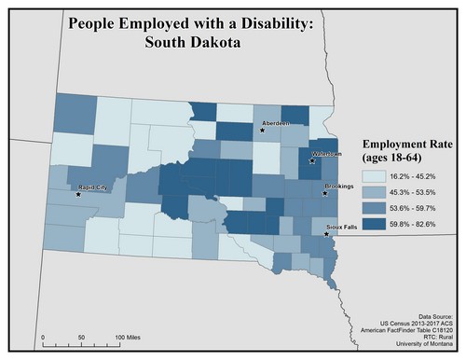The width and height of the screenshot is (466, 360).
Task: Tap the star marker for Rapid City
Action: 78,195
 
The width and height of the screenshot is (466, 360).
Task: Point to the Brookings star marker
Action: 323,194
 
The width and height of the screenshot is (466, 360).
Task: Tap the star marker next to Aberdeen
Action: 262,131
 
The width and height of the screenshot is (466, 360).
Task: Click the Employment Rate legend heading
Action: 408,152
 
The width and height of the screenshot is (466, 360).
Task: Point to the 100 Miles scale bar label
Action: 129,335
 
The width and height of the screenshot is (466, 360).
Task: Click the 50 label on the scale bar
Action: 81,335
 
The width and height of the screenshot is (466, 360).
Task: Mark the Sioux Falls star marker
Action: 325,234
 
